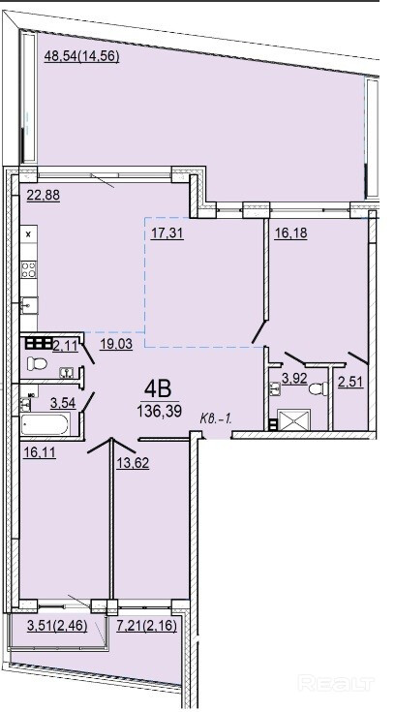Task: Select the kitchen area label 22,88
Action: point(44,196)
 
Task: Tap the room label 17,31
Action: point(167,233)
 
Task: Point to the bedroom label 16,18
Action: point(290,232)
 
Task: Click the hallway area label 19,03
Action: point(116,344)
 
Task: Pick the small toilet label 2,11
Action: point(66,347)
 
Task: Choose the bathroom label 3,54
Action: point(62,403)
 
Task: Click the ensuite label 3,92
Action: point(295,379)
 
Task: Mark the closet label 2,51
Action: point(351,382)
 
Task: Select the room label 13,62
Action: point(133,463)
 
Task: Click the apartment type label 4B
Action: point(158,389)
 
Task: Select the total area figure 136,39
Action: point(160,412)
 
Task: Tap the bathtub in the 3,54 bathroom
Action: point(45,424)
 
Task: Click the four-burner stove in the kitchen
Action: point(29,269)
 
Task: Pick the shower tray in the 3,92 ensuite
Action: point(293,419)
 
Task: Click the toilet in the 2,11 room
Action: point(37,363)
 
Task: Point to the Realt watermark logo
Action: point(336,683)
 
